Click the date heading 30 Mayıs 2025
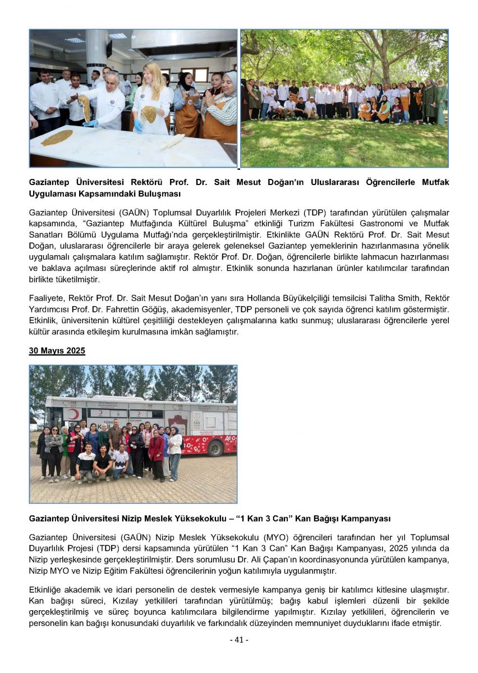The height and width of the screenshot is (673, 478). click(57, 351)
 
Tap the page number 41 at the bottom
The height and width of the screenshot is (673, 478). click(239, 640)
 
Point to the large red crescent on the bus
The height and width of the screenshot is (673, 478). click(72, 414)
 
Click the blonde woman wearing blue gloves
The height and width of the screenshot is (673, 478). click(151, 98)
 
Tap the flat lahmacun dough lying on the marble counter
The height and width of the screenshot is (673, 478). click(57, 137)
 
